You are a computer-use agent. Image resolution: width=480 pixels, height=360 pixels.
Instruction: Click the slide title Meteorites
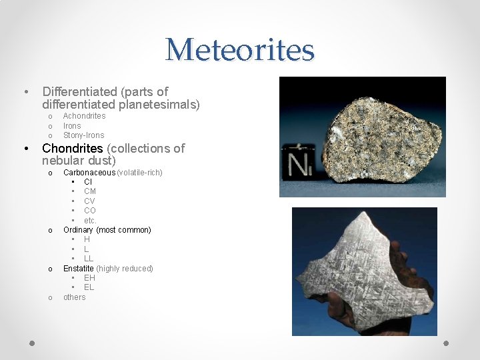pyautogui.click(x=239, y=50)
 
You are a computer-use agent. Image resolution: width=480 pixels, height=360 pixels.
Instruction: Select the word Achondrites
pyautogui.click(x=84, y=116)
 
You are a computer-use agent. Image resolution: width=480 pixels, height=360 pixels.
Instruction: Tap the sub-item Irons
pyautogui.click(x=72, y=125)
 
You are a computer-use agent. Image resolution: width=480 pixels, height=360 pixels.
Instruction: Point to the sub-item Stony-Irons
pyautogui.click(x=83, y=135)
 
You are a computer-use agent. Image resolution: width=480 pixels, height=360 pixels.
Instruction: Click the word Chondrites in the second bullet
pyautogui.click(x=73, y=148)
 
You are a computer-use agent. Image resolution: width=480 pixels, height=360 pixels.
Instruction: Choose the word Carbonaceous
pyautogui.click(x=89, y=173)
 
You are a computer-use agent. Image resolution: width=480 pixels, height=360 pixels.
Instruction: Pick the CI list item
pyautogui.click(x=88, y=181)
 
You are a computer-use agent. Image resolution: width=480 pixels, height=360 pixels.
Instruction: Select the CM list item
pyautogui.click(x=90, y=191)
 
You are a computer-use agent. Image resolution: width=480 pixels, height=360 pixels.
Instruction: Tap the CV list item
pyautogui.click(x=89, y=201)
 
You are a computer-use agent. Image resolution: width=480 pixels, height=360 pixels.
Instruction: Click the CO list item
pyautogui.click(x=90, y=211)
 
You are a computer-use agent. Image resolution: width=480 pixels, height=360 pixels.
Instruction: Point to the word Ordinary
pyautogui.click(x=79, y=230)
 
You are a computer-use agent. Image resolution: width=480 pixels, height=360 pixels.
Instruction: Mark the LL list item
pyautogui.click(x=89, y=259)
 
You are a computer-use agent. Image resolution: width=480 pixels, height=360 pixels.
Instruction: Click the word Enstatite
pyautogui.click(x=79, y=269)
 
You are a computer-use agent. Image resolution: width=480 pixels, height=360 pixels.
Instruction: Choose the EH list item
pyautogui.click(x=89, y=278)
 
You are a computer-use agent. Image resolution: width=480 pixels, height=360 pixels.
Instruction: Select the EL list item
pyautogui.click(x=89, y=287)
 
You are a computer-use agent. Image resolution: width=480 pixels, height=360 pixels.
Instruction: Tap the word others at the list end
pyautogui.click(x=75, y=297)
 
